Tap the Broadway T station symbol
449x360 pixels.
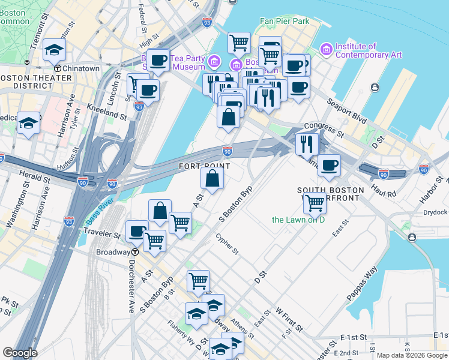point(135,252)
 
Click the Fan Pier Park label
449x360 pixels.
point(284,21)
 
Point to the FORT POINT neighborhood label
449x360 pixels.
point(205,166)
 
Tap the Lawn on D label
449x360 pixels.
point(298,220)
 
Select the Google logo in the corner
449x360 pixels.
point(20,353)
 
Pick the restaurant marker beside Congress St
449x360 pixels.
point(307,143)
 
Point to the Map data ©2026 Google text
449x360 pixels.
point(411,355)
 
